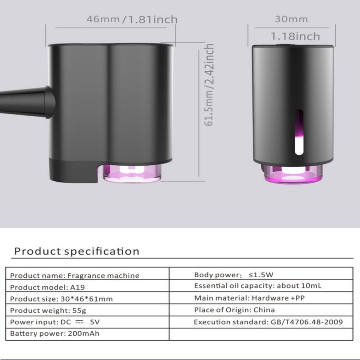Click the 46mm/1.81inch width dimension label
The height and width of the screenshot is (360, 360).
[132, 19]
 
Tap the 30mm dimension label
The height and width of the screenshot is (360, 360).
[291, 19]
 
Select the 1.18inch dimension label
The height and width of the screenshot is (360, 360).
[295, 36]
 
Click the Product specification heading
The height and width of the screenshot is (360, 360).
[76, 251]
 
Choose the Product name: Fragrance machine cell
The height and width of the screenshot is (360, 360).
[75, 275]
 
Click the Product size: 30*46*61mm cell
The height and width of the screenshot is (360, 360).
[61, 299]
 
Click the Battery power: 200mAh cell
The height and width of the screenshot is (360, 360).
[54, 334]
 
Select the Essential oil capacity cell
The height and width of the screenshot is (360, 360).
[258, 286]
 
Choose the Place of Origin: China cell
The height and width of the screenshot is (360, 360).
[234, 310]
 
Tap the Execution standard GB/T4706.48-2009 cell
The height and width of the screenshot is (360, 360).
[268, 322]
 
